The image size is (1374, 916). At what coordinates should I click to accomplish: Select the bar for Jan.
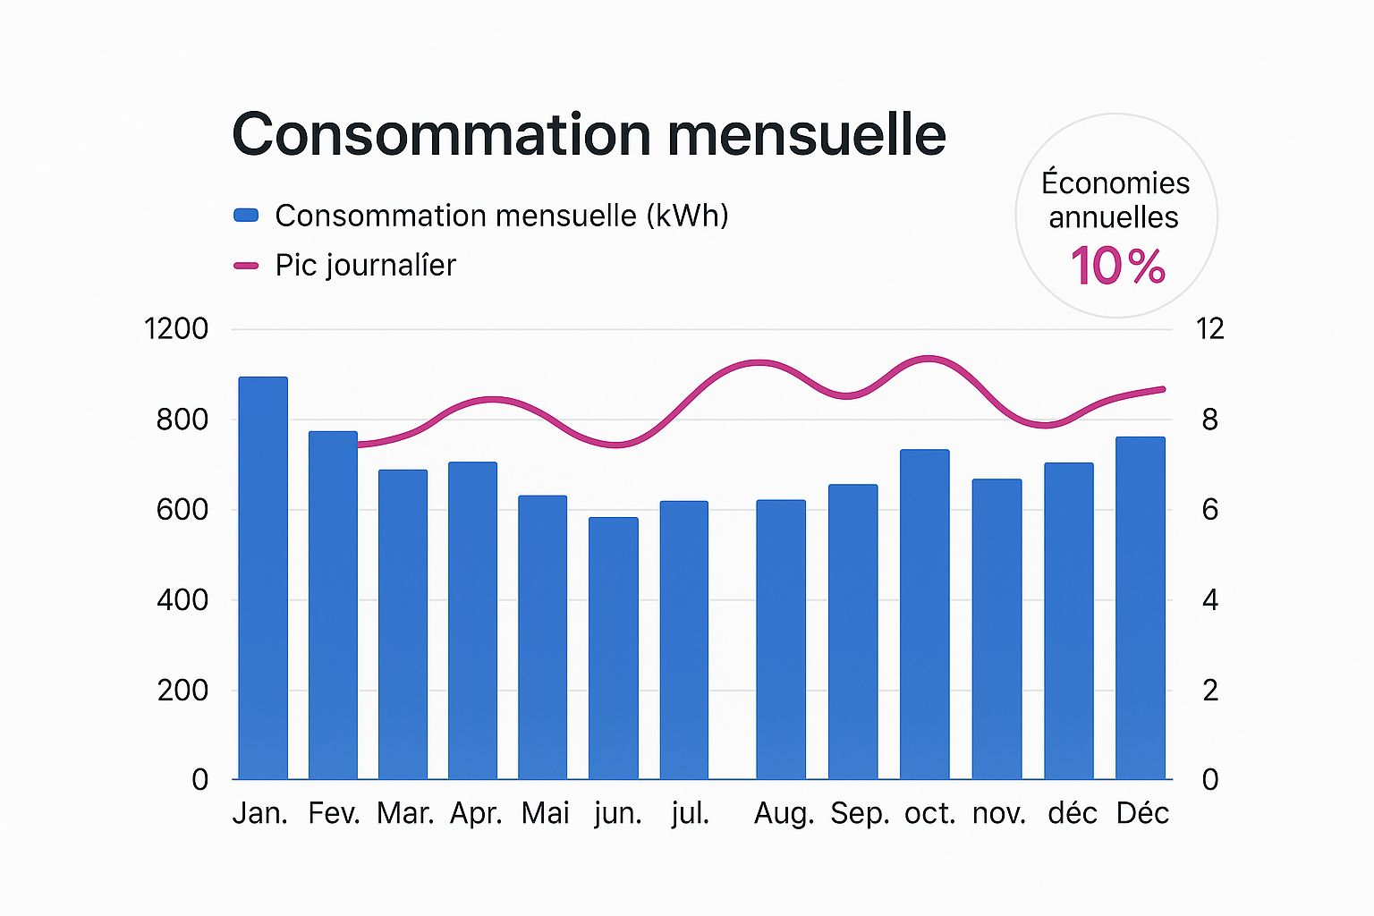tap(263, 578)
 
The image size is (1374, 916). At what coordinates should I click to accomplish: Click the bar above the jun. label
tap(614, 649)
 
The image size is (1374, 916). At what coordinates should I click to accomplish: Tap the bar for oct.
tap(925, 615)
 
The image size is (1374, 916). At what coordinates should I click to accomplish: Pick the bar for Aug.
tap(781, 640)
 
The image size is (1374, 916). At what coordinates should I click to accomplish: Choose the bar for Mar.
tap(403, 624)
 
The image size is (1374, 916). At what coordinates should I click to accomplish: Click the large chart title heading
tap(589, 135)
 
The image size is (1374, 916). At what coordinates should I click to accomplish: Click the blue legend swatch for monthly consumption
tap(246, 215)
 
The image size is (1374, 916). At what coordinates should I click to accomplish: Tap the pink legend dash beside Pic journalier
tap(246, 266)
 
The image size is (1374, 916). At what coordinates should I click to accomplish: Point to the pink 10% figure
tap(1117, 267)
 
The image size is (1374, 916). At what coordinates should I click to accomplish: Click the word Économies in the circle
tap(1115, 183)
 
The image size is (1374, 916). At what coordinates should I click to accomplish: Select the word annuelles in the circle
tap(1114, 217)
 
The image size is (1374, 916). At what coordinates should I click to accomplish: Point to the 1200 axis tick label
tap(176, 329)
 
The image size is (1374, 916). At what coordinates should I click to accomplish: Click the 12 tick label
tap(1209, 329)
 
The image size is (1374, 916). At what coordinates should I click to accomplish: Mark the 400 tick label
tap(182, 600)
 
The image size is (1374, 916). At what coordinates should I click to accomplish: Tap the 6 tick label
tap(1209, 510)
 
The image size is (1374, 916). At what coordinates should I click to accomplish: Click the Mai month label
tap(545, 813)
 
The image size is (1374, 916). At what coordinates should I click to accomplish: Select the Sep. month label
tap(860, 813)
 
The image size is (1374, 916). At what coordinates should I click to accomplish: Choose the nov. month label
tap(999, 813)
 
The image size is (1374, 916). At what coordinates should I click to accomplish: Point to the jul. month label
tap(690, 813)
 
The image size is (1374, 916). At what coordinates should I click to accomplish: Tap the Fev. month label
tap(334, 813)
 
